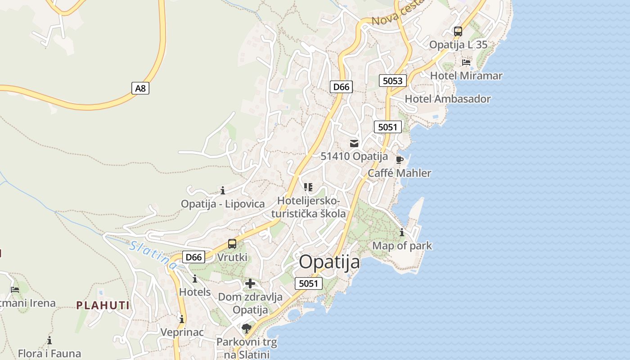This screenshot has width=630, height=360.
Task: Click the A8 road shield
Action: tap(141, 88)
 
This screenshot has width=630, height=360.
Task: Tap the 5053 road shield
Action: tap(392, 81)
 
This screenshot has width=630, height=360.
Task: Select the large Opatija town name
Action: tap(329, 262)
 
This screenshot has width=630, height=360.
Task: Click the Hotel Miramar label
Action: tap(466, 76)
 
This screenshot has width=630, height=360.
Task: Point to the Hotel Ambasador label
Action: tap(448, 99)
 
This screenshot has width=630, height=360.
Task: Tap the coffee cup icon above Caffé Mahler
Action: tap(399, 160)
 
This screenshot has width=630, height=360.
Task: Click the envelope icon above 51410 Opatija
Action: tap(354, 144)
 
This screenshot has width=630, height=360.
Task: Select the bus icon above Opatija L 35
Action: tap(458, 31)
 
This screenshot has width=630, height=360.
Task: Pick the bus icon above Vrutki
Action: tap(232, 244)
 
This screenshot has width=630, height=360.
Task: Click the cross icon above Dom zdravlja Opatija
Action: tap(250, 283)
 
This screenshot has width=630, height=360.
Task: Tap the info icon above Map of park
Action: tap(402, 233)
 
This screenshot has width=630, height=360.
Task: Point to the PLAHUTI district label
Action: tap(103, 306)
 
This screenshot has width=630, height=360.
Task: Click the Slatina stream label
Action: tap(153, 255)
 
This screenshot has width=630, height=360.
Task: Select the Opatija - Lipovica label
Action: tap(223, 204)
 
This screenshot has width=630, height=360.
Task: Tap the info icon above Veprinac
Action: tap(182, 319)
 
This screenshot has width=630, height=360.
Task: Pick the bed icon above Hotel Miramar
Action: tap(466, 62)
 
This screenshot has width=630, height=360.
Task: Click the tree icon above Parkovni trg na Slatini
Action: tap(246, 328)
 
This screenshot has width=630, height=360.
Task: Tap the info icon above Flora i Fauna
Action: tap(49, 340)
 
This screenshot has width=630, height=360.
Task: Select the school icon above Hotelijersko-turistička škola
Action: tap(308, 187)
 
